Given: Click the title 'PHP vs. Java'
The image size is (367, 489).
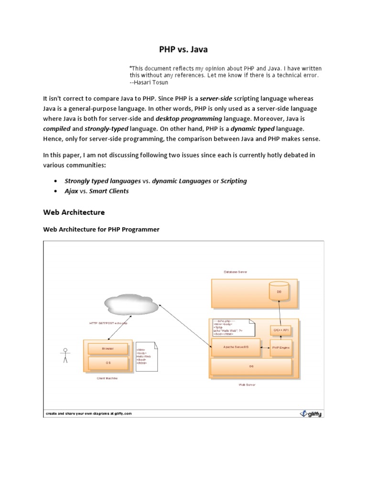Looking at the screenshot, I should click(x=183, y=49).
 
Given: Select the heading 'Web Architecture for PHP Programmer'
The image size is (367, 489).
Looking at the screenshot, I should click(x=101, y=229).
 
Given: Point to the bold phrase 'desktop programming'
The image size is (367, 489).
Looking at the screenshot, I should click(x=182, y=118).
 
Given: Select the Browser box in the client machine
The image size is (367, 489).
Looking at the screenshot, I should click(x=108, y=349).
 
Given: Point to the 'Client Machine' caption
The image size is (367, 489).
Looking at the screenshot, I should click(x=107, y=378).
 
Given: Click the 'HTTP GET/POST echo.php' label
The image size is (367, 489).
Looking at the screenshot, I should click(x=108, y=324).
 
